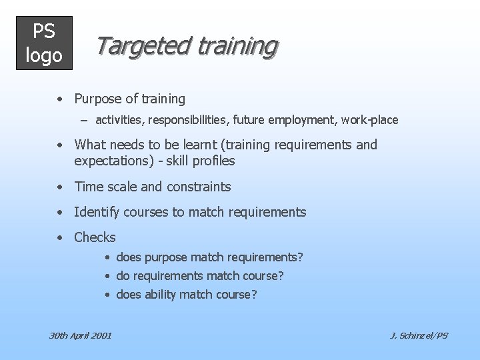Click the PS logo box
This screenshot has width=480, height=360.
(x=44, y=43)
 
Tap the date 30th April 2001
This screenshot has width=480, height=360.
(x=81, y=335)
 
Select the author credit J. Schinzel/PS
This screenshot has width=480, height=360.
(x=419, y=335)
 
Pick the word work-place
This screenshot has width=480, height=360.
(x=370, y=120)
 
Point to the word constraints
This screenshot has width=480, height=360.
(x=199, y=187)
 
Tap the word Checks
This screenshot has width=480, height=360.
(x=95, y=237)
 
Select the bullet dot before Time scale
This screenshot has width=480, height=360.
(x=60, y=187)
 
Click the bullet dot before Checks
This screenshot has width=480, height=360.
(x=60, y=238)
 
